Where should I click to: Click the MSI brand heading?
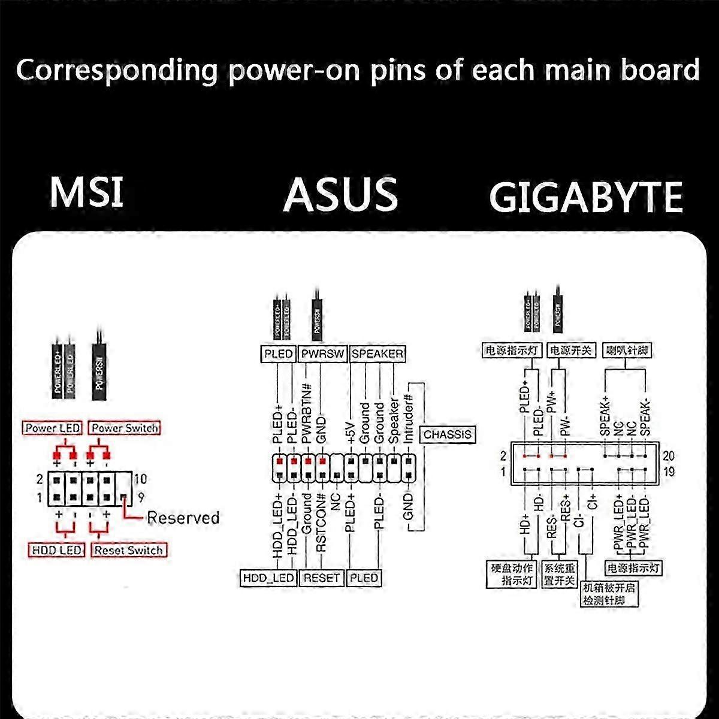(x=87, y=192)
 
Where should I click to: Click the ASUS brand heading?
(x=340, y=194)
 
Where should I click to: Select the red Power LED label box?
(x=53, y=428)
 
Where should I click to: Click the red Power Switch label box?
(x=125, y=428)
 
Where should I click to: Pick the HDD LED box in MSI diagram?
(x=57, y=550)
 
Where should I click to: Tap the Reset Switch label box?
(x=128, y=550)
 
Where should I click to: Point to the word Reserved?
(x=183, y=518)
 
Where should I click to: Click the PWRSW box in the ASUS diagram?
(x=323, y=354)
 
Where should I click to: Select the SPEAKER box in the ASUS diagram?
(x=377, y=354)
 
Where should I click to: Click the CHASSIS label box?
(x=448, y=434)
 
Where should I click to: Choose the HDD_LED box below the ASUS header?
(x=268, y=578)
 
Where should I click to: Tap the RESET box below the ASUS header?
(x=322, y=578)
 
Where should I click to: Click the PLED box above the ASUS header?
(x=279, y=354)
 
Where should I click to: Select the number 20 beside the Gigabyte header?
(x=669, y=457)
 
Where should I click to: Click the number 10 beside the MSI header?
(x=140, y=479)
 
